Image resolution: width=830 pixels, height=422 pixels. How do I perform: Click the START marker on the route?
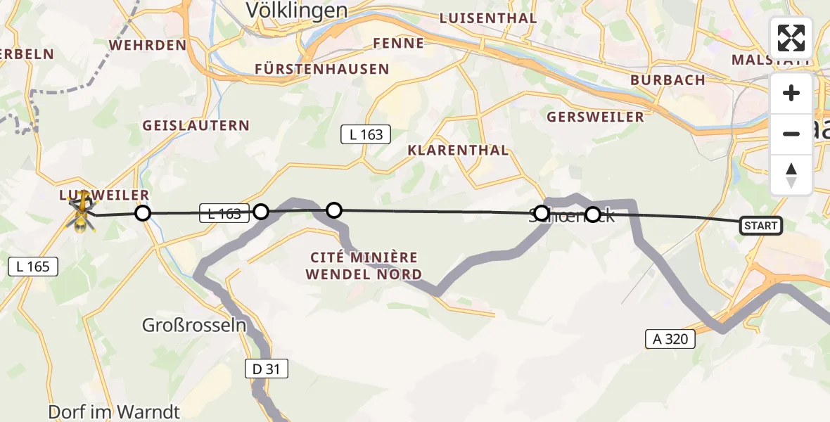click(x=760, y=226)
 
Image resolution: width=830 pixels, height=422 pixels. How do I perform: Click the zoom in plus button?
click(x=791, y=94)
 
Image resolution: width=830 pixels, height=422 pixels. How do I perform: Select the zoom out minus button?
click(x=791, y=134)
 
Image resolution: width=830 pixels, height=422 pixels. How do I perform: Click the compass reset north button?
click(x=791, y=174)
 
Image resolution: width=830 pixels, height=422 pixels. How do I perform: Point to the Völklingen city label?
click(x=297, y=10)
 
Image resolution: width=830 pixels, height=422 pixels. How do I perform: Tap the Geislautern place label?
click(x=196, y=126)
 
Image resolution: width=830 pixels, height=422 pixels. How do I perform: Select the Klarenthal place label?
click(x=458, y=150)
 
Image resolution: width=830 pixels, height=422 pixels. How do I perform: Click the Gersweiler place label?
click(x=595, y=117)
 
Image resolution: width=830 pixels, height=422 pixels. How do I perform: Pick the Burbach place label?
click(x=668, y=80)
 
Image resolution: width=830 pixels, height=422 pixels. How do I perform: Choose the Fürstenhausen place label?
click(x=321, y=69)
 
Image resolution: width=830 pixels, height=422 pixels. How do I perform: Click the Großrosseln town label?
click(x=194, y=326)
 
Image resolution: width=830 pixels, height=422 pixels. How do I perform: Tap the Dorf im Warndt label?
click(x=114, y=411)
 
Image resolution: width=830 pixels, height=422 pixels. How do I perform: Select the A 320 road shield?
click(x=670, y=340)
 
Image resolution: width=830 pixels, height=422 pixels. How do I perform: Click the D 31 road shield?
click(x=267, y=369)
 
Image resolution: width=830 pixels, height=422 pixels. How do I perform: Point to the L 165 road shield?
click(x=33, y=266)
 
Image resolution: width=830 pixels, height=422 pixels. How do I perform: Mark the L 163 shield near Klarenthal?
click(x=366, y=134)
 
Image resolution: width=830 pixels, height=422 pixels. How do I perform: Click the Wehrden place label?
click(x=148, y=45)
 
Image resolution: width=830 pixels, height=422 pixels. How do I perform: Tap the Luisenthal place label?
click(x=487, y=18)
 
